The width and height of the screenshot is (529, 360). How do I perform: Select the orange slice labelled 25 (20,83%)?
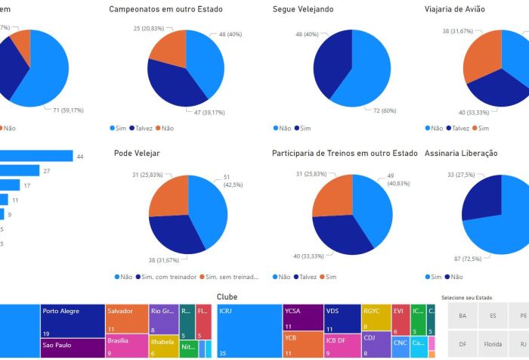click(168, 55)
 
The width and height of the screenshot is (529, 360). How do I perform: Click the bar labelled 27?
click(20, 170)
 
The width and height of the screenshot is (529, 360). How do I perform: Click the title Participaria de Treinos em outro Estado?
click(344, 154)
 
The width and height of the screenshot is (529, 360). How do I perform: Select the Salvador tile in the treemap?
click(126, 318)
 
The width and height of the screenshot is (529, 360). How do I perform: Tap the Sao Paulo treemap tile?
click(72, 348)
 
